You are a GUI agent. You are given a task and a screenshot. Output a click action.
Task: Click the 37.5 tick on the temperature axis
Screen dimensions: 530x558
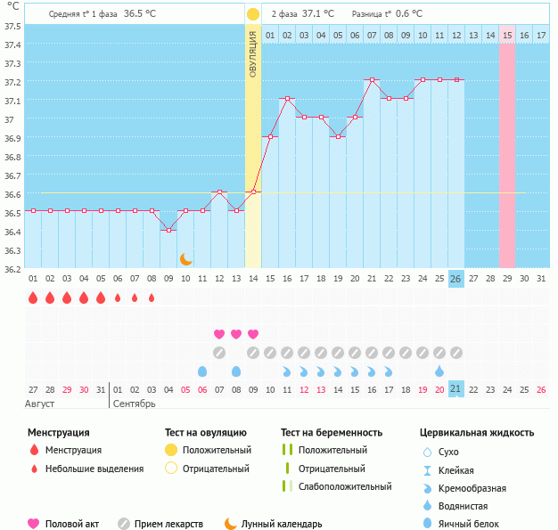coord(12,26)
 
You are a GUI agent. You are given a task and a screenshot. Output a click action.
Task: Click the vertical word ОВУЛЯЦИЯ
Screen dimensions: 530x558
coord(253,53)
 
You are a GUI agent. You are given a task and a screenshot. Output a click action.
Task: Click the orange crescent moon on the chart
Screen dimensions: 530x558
coord(186,259)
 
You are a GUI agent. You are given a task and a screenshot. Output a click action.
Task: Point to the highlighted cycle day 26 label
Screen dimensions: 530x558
coord(455,279)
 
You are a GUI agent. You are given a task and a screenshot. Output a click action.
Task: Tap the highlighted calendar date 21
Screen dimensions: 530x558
coord(455,390)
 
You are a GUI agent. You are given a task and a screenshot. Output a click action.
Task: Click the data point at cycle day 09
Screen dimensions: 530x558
coord(168,230)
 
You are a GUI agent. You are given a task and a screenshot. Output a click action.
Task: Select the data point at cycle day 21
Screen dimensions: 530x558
coord(372,80)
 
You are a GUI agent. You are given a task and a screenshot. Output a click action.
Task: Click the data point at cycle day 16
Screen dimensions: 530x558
coord(287,99)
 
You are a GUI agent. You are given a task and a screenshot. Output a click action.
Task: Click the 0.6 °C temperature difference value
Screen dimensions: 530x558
coord(409,14)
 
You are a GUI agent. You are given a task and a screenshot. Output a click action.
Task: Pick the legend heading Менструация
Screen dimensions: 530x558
coord(58,433)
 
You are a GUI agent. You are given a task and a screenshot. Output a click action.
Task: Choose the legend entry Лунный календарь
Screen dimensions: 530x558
coord(281,525)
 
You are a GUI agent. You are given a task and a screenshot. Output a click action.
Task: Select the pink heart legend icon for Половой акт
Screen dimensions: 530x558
coord(34,524)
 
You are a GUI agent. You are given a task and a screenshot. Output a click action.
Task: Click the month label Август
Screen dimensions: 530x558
coord(40,404)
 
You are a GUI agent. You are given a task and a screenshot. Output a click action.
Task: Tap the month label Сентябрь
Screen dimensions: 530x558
coord(135,404)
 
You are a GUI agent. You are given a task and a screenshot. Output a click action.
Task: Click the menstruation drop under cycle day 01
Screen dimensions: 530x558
coord(33,298)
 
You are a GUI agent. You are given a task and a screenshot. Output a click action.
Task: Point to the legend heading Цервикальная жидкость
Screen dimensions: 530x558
coord(477,433)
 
